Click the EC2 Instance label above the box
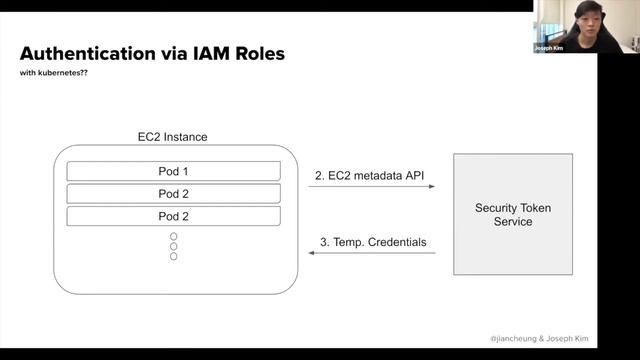tap(172, 136)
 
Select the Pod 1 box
tap(173, 171)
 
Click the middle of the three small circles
tap(173, 246)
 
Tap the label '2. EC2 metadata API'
tap(371, 176)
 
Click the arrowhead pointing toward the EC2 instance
tap(312, 254)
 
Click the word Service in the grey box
tap(512, 222)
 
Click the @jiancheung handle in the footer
tap(518, 339)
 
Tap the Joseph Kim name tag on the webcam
tap(549, 46)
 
